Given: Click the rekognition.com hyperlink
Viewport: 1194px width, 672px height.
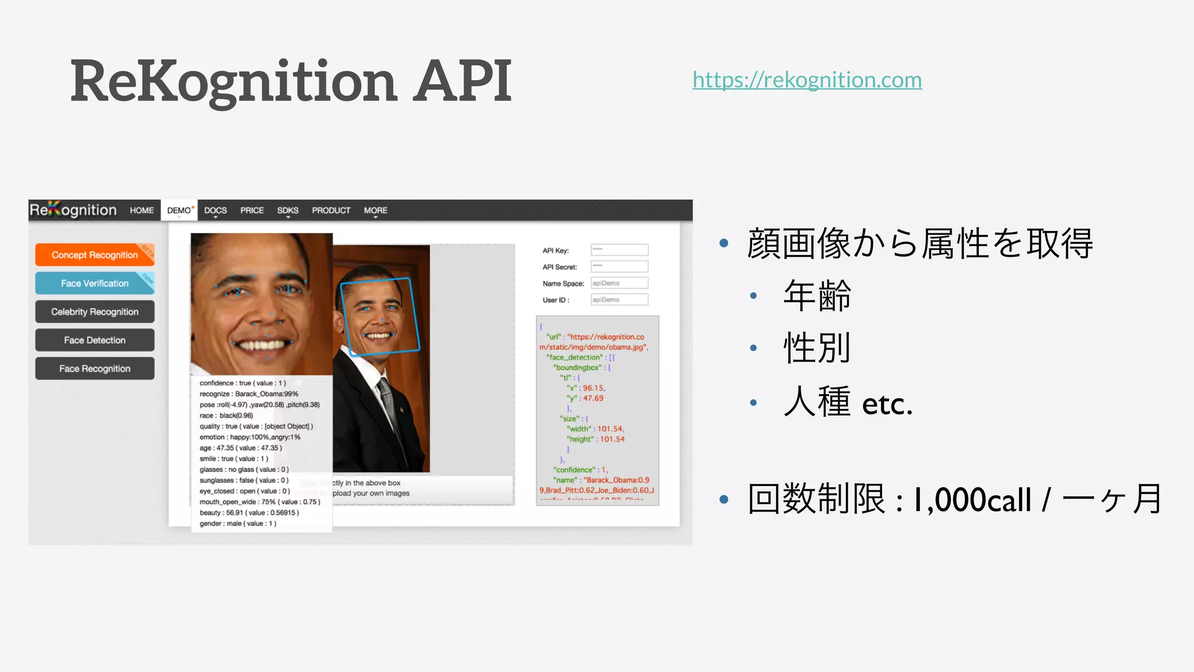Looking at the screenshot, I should tap(807, 80).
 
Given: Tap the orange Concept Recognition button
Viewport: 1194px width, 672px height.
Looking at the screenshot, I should tap(94, 255).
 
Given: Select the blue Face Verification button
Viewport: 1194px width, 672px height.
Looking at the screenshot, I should tap(94, 283).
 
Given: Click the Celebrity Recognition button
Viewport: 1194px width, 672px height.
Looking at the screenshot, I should tap(94, 312).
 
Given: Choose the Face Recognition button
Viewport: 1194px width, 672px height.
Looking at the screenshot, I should tap(94, 369).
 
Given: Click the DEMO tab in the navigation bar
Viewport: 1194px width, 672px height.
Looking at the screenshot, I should tap(179, 211).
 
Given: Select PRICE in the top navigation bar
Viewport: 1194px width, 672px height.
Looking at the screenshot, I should tap(252, 211).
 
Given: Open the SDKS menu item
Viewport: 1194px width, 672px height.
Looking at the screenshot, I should tap(287, 211).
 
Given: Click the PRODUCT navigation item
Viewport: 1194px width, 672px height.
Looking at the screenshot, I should tap(331, 211).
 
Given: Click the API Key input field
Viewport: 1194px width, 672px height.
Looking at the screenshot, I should tap(619, 250).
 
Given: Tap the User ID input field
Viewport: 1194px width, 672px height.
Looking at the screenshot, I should tap(619, 300).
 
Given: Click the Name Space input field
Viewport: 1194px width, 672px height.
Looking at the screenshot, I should tap(619, 283).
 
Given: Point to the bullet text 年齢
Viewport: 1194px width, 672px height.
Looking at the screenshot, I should tap(817, 296).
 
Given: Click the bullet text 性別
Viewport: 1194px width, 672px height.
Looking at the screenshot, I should tap(817, 348).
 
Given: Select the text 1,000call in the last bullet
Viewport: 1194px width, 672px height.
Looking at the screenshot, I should tap(972, 501).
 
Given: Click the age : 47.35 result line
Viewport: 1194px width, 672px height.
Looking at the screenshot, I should tap(240, 448).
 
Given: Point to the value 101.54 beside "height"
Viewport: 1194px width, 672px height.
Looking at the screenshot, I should tap(612, 439).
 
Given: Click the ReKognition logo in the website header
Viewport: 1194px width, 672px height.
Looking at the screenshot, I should tap(73, 210).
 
